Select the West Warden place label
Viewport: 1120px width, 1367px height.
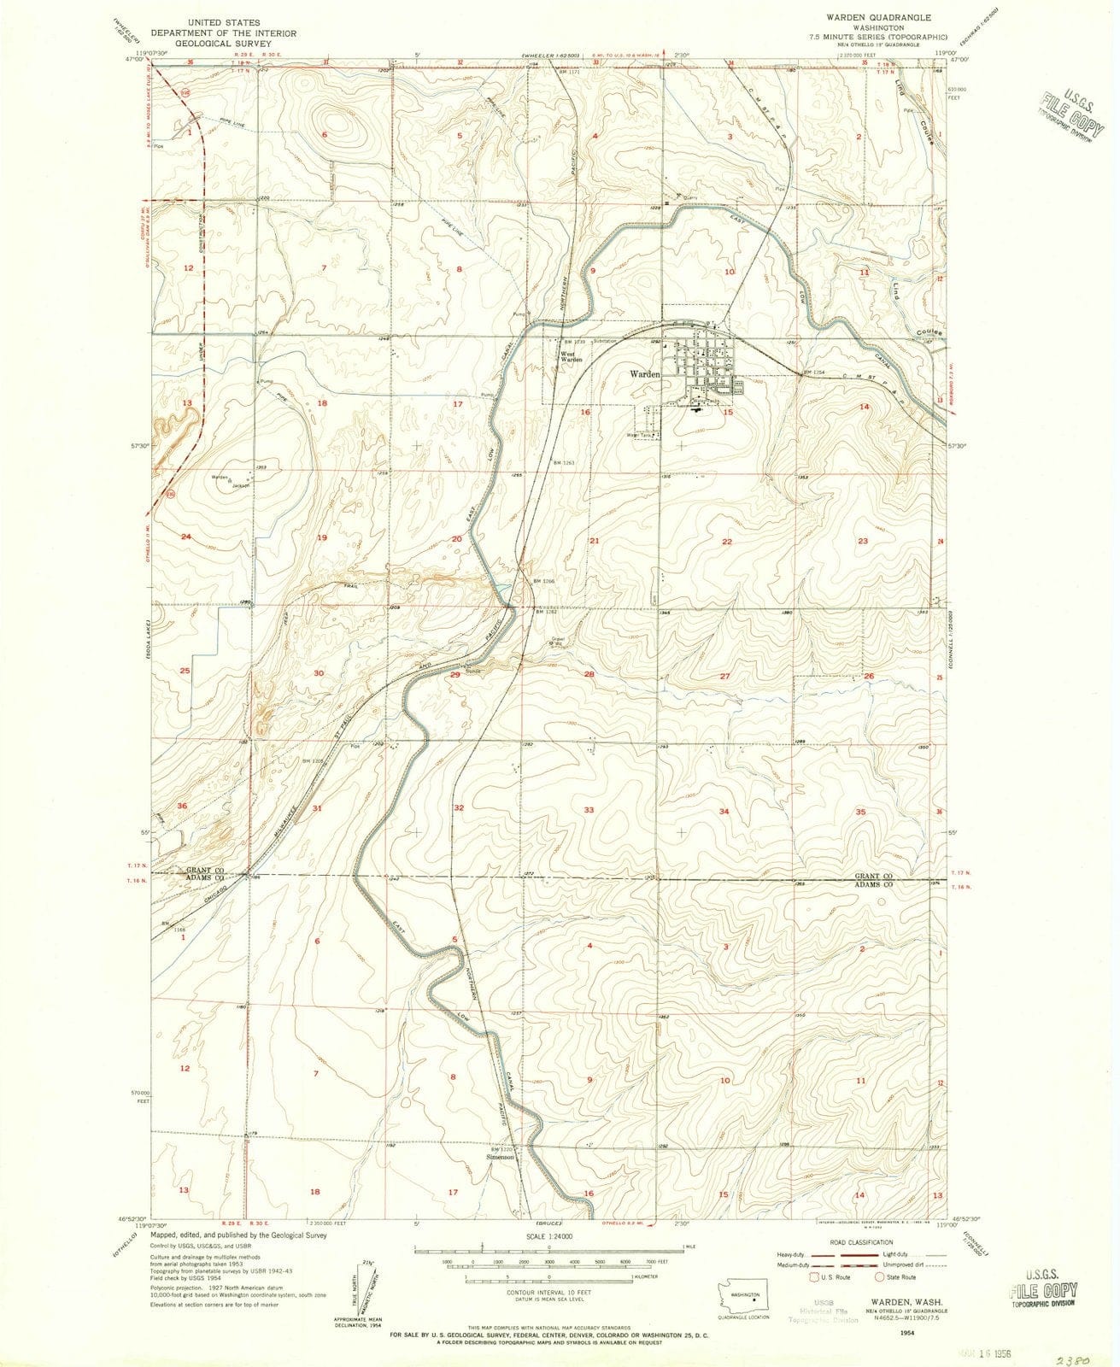point(571,358)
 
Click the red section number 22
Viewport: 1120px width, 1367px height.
point(727,542)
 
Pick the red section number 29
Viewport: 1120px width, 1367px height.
point(455,675)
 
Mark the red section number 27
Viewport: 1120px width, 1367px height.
point(724,676)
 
